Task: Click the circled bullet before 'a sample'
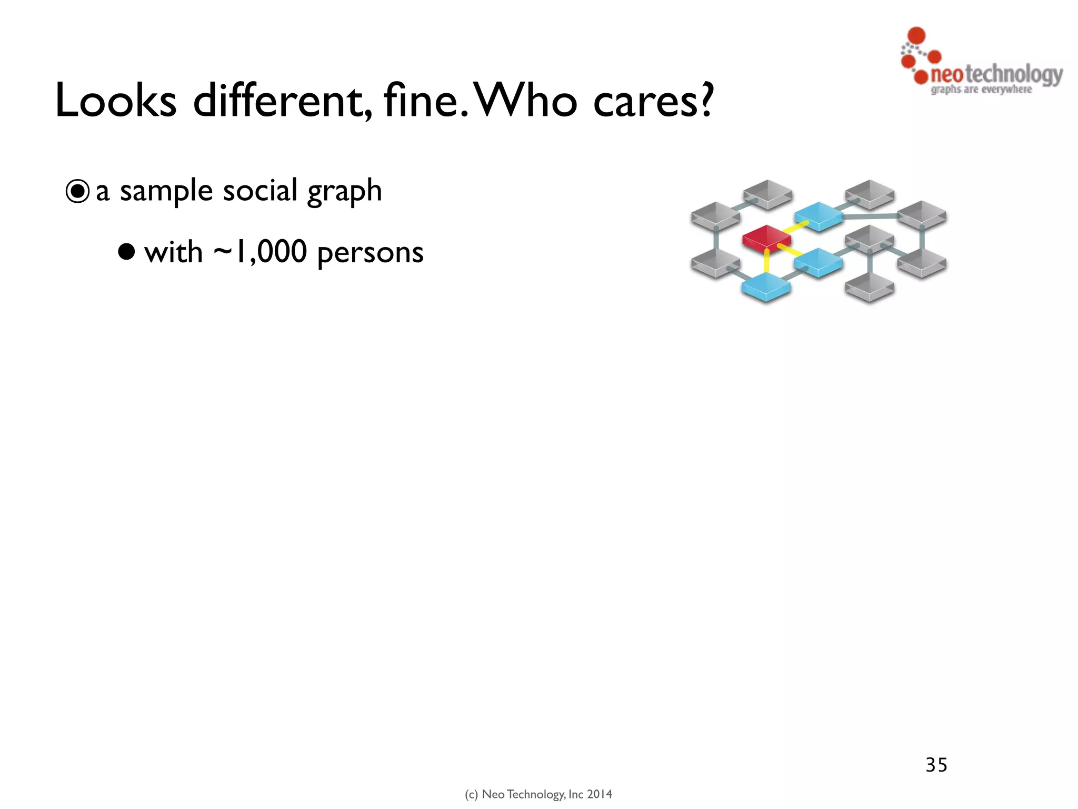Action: (x=77, y=192)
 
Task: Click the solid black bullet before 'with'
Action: (x=126, y=252)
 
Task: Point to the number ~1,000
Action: (x=260, y=252)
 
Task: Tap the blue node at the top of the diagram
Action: (x=818, y=214)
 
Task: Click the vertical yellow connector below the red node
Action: (x=766, y=262)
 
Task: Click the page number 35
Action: (x=936, y=765)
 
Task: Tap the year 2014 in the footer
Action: (x=600, y=794)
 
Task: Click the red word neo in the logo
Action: (x=946, y=75)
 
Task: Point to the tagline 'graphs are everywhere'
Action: (x=981, y=90)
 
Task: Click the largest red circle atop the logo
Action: (x=917, y=35)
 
